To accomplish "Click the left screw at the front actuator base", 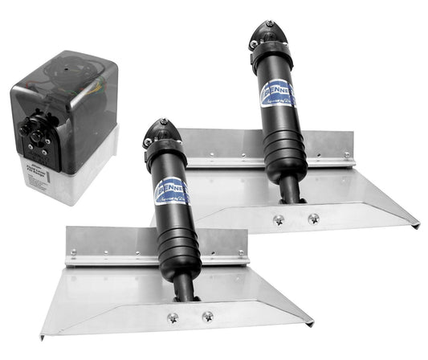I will point(172,318).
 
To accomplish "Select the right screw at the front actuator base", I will point(207,317).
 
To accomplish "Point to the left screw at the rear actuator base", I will point(277,219).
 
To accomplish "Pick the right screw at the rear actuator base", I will point(313,218).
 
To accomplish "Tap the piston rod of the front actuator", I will point(185,286).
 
